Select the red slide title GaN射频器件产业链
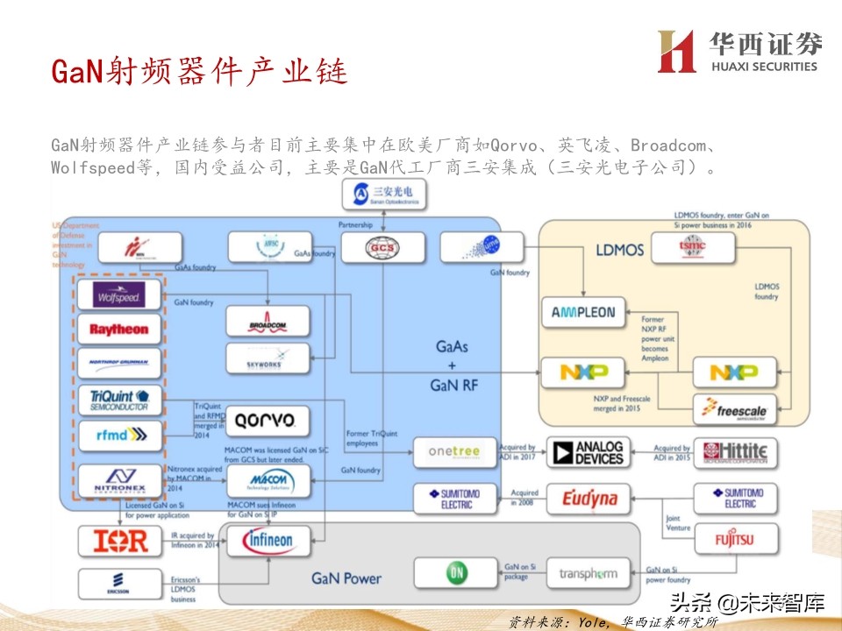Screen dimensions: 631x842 point(199,71)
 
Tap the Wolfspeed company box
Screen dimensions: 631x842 point(118,295)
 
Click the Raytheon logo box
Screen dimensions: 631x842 point(118,330)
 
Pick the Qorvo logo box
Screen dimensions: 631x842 point(268,421)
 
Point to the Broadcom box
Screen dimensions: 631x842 point(268,322)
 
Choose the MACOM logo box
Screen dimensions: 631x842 point(268,480)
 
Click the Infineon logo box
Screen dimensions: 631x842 point(268,541)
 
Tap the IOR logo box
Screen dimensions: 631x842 point(119,541)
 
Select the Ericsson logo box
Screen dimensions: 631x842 point(119,585)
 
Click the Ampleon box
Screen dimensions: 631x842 point(583,312)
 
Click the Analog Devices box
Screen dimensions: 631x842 point(588,452)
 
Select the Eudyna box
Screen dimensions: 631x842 point(588,499)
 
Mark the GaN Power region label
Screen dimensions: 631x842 point(346,578)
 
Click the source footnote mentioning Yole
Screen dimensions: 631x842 point(613,621)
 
